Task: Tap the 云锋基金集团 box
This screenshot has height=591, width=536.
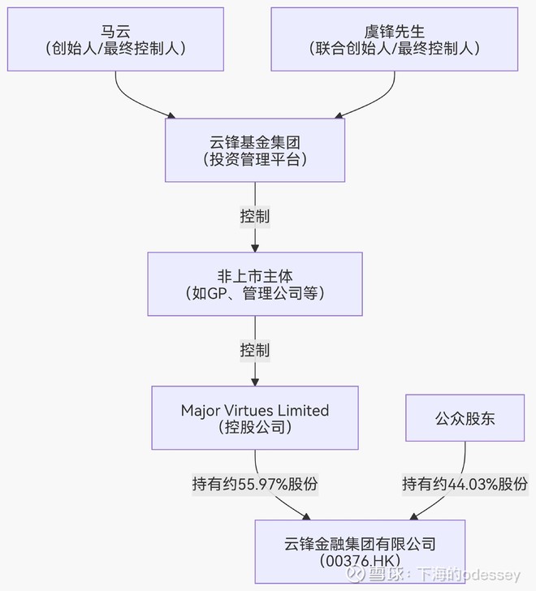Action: tap(255, 150)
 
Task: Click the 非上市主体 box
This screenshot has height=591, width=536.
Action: tap(255, 283)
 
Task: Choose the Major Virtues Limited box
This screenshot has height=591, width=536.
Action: tap(255, 418)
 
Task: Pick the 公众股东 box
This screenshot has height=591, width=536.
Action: tap(465, 418)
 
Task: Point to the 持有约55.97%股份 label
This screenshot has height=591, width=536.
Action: tap(255, 485)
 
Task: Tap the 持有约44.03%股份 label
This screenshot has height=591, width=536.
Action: tap(465, 485)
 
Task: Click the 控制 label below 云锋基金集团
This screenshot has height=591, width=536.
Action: tap(255, 217)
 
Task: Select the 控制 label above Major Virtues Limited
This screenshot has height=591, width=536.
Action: tap(255, 351)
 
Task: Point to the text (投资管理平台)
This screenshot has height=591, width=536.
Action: tap(255, 160)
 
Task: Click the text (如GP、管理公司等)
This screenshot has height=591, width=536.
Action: tap(255, 293)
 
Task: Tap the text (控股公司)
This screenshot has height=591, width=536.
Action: tap(255, 427)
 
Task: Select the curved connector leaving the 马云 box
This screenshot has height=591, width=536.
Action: tap(130, 96)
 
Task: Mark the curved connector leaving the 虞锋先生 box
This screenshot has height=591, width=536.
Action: tap(382, 96)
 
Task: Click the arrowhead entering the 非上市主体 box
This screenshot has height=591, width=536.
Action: tap(255, 247)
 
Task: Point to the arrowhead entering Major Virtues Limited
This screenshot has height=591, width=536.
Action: tap(255, 381)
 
